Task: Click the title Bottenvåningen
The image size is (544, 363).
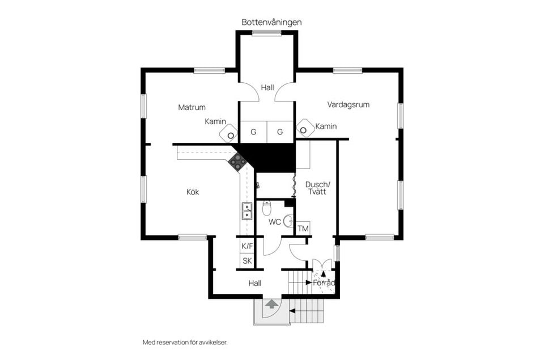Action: tap(271, 22)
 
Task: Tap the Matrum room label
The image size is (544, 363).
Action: tap(192, 107)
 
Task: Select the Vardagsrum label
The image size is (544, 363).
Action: tap(348, 104)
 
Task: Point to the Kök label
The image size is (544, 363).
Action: tap(193, 192)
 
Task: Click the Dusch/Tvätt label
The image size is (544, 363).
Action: tap(316, 188)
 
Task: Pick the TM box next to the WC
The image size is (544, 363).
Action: tap(303, 229)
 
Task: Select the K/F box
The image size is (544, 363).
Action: tap(247, 246)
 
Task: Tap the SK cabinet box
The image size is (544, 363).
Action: tap(247, 261)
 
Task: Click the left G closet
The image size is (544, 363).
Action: tap(253, 132)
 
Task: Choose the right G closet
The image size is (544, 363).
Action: tap(280, 132)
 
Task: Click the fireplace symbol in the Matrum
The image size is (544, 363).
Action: tap(229, 134)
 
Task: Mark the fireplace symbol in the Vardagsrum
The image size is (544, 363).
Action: tap(304, 129)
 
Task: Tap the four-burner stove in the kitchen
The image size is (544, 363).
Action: tap(237, 162)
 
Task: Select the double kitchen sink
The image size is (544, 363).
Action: tap(247, 212)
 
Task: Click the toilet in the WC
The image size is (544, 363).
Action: tap(267, 209)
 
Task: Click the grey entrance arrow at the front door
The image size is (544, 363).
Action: tap(269, 306)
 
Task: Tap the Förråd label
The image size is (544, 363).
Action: tap(324, 282)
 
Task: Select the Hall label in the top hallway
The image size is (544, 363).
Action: tap(267, 87)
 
